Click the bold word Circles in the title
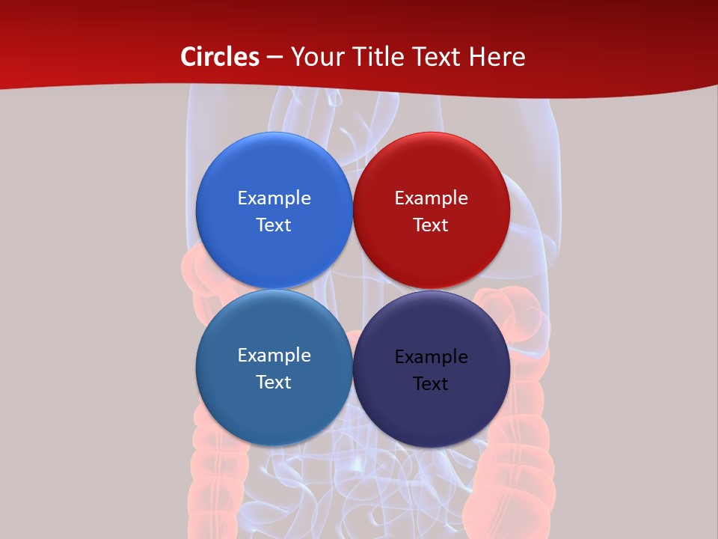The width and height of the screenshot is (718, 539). click(x=220, y=57)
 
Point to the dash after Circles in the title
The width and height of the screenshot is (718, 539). click(x=274, y=58)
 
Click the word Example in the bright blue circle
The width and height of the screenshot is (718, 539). click(x=274, y=198)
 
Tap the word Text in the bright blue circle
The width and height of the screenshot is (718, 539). click(x=274, y=225)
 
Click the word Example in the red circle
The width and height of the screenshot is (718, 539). click(x=431, y=198)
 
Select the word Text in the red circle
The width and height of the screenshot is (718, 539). click(x=431, y=225)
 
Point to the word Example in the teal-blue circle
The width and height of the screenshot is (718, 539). click(x=274, y=355)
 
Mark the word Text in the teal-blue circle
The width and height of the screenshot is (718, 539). click(x=274, y=382)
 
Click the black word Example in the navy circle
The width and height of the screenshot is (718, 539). click(x=431, y=356)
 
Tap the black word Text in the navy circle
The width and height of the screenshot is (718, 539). click(x=431, y=383)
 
